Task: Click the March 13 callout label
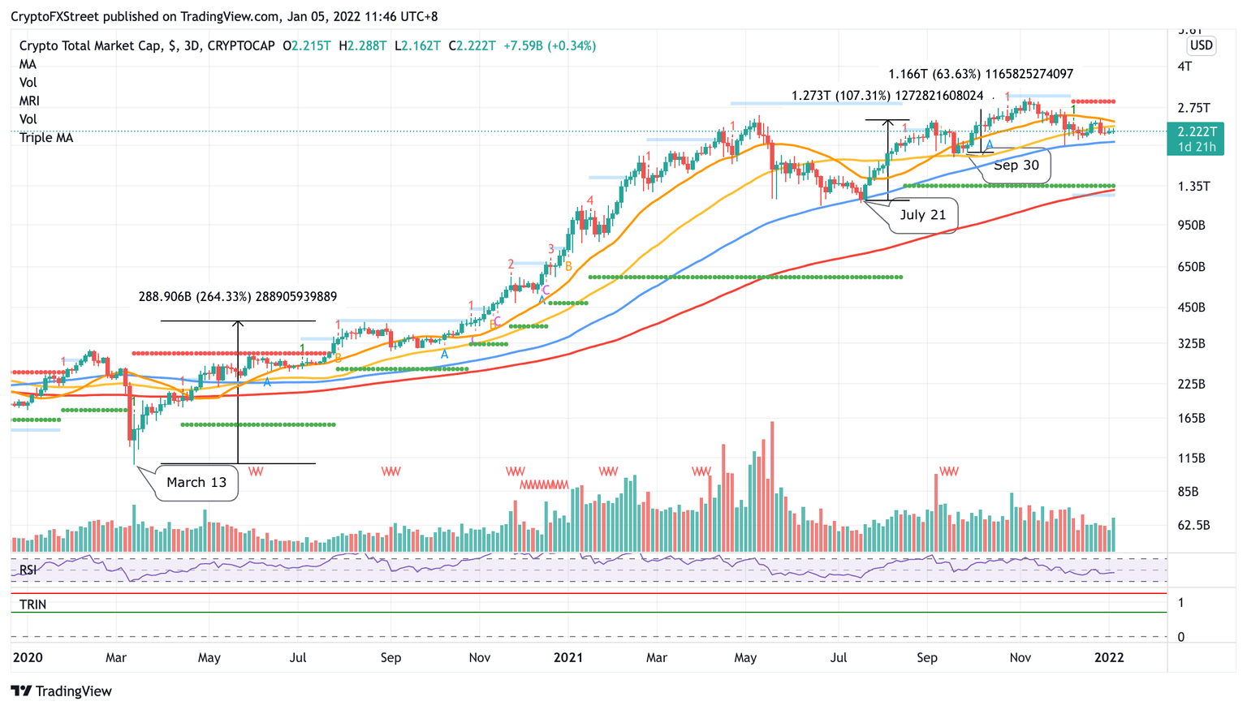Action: [x=196, y=482]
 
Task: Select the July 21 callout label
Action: [x=922, y=215]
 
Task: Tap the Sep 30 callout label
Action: [x=1016, y=166]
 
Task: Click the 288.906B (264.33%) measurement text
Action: [x=237, y=297]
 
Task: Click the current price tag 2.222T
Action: [x=1197, y=131]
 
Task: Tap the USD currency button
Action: [x=1201, y=45]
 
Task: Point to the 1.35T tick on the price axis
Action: [x=1193, y=186]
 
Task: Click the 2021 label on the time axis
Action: [x=568, y=657]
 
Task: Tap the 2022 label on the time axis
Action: [x=1109, y=657]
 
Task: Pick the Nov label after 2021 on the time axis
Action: [x=1020, y=657]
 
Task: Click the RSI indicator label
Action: [x=28, y=570]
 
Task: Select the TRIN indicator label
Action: [x=32, y=605]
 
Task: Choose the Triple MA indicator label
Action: [x=46, y=138]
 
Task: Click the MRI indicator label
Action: [x=29, y=101]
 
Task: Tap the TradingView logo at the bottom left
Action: [x=62, y=691]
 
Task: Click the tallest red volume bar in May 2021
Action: [x=772, y=487]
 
